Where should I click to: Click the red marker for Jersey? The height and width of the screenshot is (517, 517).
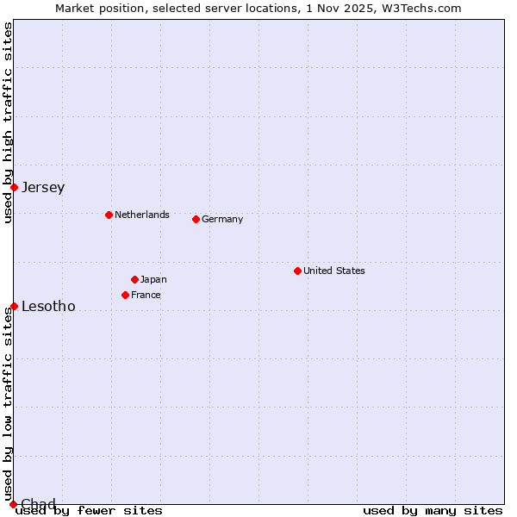pyautogui.click(x=14, y=187)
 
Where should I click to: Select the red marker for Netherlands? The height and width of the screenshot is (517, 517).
pyautogui.click(x=109, y=215)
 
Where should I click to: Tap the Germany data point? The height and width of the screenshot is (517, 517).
pyautogui.click(x=196, y=219)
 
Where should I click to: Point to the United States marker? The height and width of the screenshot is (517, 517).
pyautogui.click(x=297, y=271)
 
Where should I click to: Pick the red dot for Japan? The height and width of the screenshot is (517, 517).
pyautogui.click(x=134, y=279)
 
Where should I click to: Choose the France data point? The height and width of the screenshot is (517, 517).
pyautogui.click(x=125, y=295)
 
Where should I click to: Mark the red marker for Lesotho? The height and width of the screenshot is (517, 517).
pyautogui.click(x=14, y=306)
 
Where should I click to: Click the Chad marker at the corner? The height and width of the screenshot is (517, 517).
pyautogui.click(x=13, y=504)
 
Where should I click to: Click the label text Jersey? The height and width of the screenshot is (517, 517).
pyautogui.click(x=43, y=187)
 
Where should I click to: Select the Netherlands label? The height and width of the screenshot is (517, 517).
pyautogui.click(x=142, y=215)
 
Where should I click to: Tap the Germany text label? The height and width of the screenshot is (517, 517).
pyautogui.click(x=222, y=219)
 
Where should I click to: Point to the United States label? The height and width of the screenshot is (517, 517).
pyautogui.click(x=334, y=271)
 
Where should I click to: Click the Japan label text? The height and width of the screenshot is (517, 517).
pyautogui.click(x=153, y=279)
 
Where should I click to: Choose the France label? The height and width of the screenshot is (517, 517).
pyautogui.click(x=146, y=295)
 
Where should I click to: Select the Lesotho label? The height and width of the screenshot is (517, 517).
pyautogui.click(x=48, y=306)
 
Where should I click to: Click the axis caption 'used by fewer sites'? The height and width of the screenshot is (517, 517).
pyautogui.click(x=90, y=510)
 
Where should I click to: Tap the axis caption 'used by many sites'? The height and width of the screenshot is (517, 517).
pyautogui.click(x=433, y=510)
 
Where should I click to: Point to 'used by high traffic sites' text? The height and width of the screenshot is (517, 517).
pyautogui.click(x=8, y=122)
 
